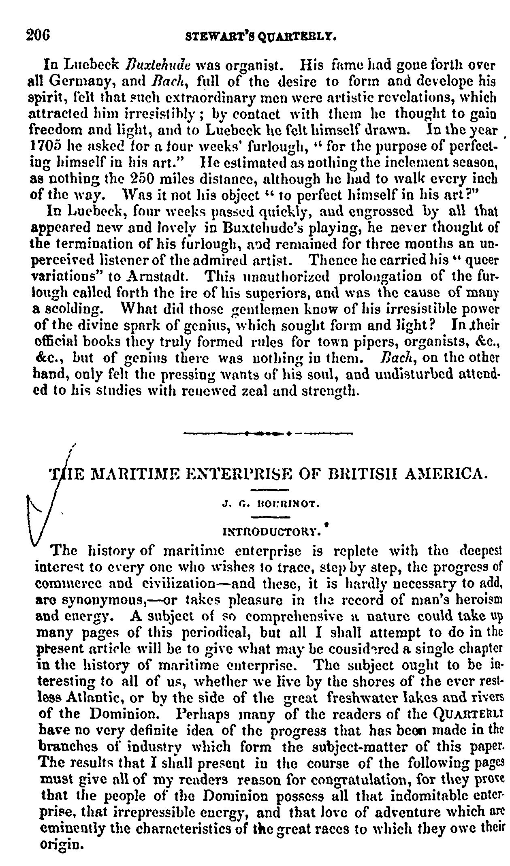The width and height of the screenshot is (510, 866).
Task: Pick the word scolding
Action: click(71, 309)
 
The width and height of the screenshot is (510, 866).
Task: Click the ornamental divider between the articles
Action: click(268, 434)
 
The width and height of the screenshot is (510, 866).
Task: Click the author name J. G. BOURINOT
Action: click(271, 505)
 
